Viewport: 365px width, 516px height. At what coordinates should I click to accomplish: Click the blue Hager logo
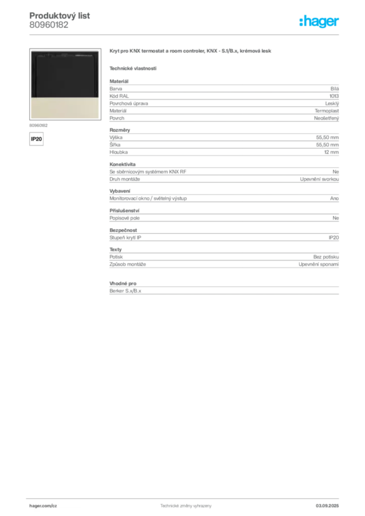coord(320,22)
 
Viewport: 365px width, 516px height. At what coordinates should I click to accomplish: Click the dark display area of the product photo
coord(64,76)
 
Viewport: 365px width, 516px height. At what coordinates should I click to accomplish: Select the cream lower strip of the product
coord(64,108)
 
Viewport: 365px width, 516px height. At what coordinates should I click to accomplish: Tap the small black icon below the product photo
coord(36,138)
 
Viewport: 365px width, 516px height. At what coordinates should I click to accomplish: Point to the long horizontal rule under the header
coord(186,34)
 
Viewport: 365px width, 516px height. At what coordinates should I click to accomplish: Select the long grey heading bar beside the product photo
coord(192,52)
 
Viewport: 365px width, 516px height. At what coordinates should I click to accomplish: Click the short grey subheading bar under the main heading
coord(133,68)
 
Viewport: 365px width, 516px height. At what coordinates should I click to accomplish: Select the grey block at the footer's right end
coord(330,502)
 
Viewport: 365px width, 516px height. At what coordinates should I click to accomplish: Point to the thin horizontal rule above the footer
coord(186,496)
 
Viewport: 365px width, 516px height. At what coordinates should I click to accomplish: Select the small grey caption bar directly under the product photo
coord(38,124)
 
